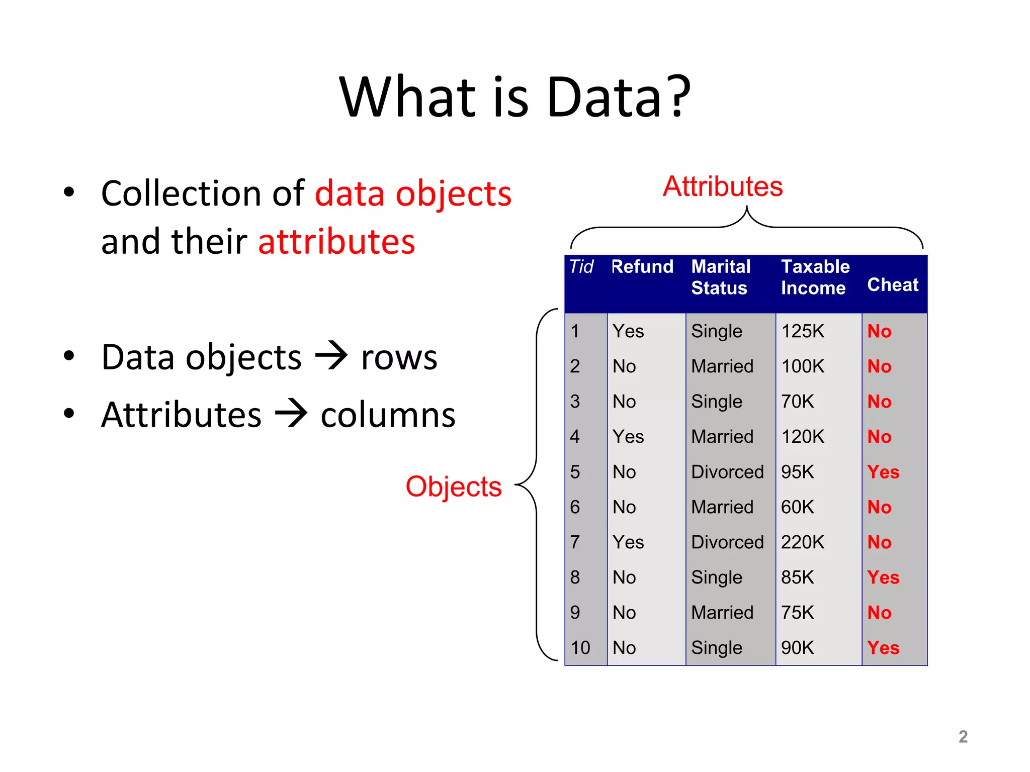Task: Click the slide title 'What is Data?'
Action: pos(515,96)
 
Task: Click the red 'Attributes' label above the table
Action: pos(722,186)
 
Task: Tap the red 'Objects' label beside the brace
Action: pos(454,487)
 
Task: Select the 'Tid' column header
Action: pos(581,266)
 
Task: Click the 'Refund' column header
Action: pos(642,266)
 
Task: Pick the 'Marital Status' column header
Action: pos(721,277)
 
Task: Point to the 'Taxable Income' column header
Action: pos(815,277)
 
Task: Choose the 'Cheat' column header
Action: pos(893,284)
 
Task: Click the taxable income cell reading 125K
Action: pos(803,331)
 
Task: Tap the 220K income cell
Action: pos(803,542)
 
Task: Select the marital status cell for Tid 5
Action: pos(727,472)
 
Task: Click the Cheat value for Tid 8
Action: pos(883,577)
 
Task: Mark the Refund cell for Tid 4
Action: pos(628,437)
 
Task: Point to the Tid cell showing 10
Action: pos(580,648)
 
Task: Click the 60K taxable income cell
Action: pos(797,507)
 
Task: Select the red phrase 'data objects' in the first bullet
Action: pos(413,194)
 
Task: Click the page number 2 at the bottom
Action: pos(963,737)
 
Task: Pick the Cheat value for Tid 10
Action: pos(883,648)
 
